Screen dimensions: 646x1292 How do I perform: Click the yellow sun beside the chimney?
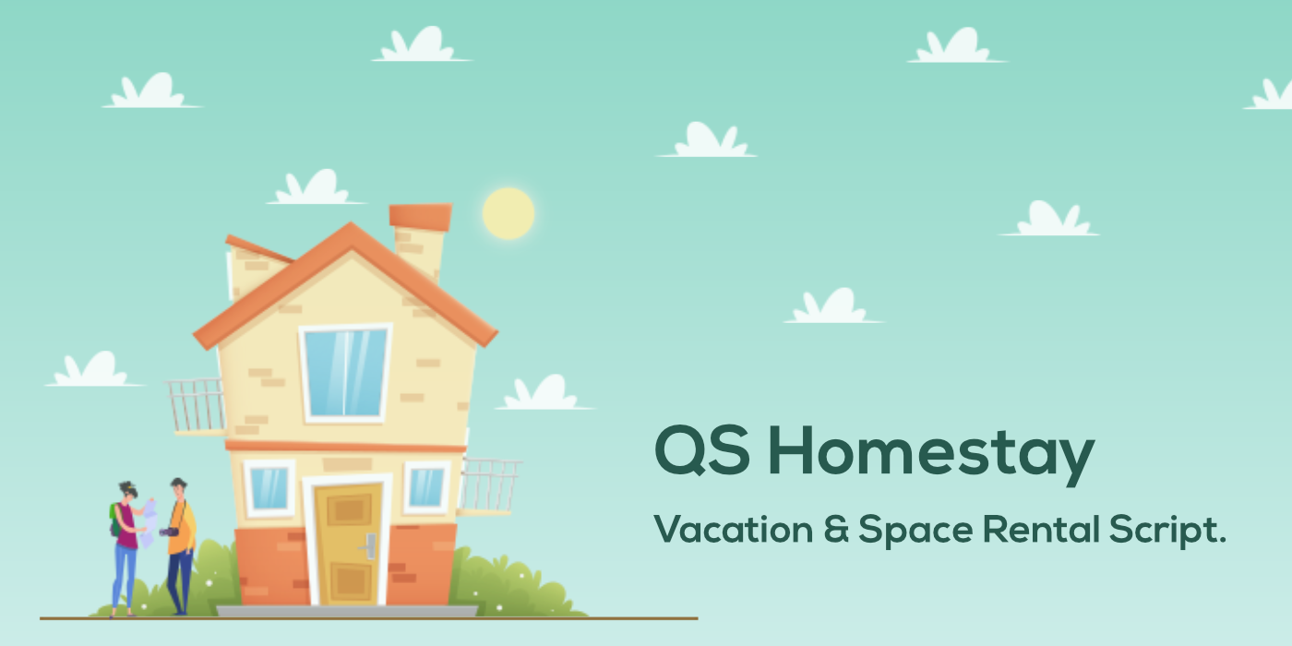pyautogui.click(x=508, y=213)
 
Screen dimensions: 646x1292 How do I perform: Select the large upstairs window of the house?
pyautogui.click(x=345, y=372)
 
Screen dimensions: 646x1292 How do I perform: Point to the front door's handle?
pyautogui.click(x=371, y=545)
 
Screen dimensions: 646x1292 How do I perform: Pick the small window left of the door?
pyautogui.click(x=269, y=487)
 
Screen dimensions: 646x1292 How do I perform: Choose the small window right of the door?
pyautogui.click(x=426, y=487)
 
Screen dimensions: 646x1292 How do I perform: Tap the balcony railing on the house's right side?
pyautogui.click(x=489, y=484)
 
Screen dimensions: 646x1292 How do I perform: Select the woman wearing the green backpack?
pyautogui.click(x=126, y=544)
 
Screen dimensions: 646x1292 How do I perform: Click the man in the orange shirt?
pyautogui.click(x=181, y=544)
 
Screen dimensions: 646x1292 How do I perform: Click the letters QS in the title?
pyautogui.click(x=704, y=452)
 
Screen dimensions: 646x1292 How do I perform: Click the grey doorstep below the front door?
pyautogui.click(x=347, y=611)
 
